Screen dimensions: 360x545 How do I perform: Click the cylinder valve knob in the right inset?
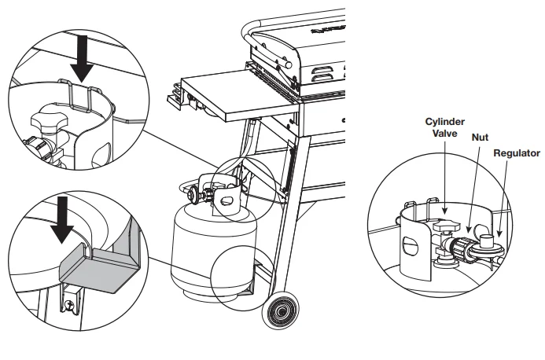pos(444,229)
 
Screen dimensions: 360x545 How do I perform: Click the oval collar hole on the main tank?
pos(229,200)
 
